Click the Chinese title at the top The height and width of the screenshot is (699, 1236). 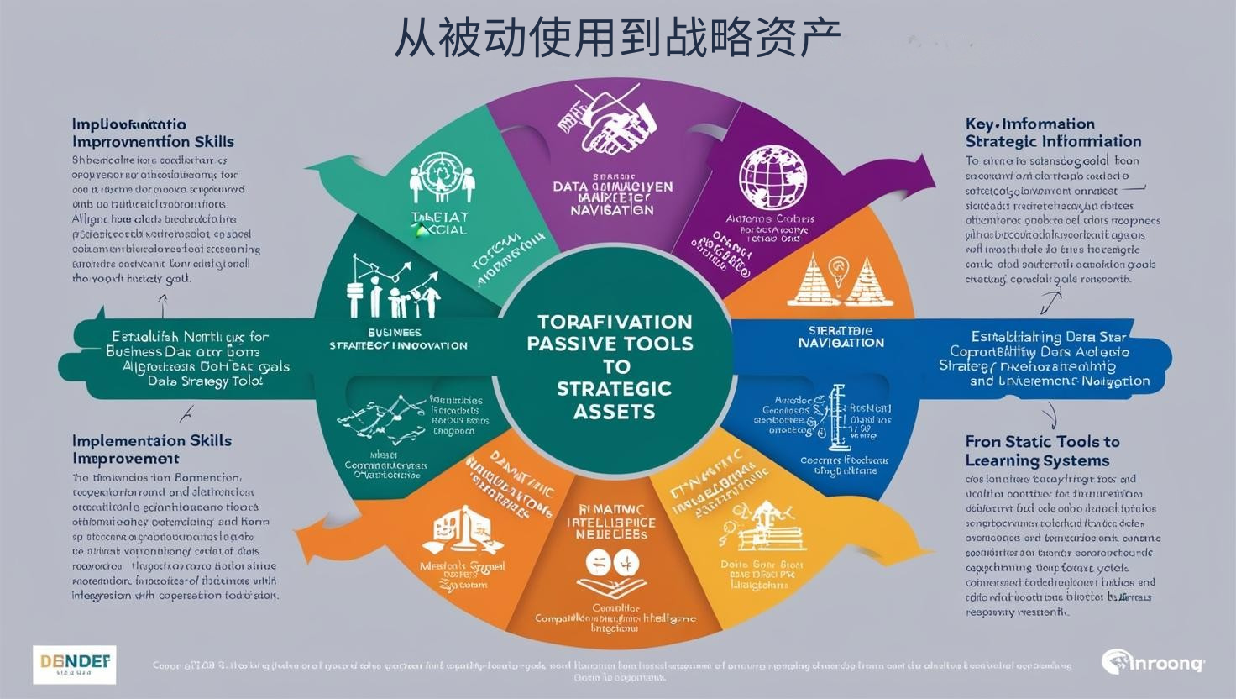pos(617,38)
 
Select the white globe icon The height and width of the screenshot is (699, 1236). pos(772,177)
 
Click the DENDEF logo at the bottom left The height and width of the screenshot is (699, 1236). pos(75,664)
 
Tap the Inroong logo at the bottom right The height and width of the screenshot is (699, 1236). pos(1153,663)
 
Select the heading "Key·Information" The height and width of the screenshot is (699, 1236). pos(1029,124)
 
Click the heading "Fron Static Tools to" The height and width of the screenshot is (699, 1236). pos(1042,442)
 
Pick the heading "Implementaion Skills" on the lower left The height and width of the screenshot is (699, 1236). pos(151,440)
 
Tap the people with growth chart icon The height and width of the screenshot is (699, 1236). pos(393,288)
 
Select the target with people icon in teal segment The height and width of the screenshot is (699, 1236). pos(437,178)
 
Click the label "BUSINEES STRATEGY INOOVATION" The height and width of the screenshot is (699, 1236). pos(398,339)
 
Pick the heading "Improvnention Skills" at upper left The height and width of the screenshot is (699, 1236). pos(153,141)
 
